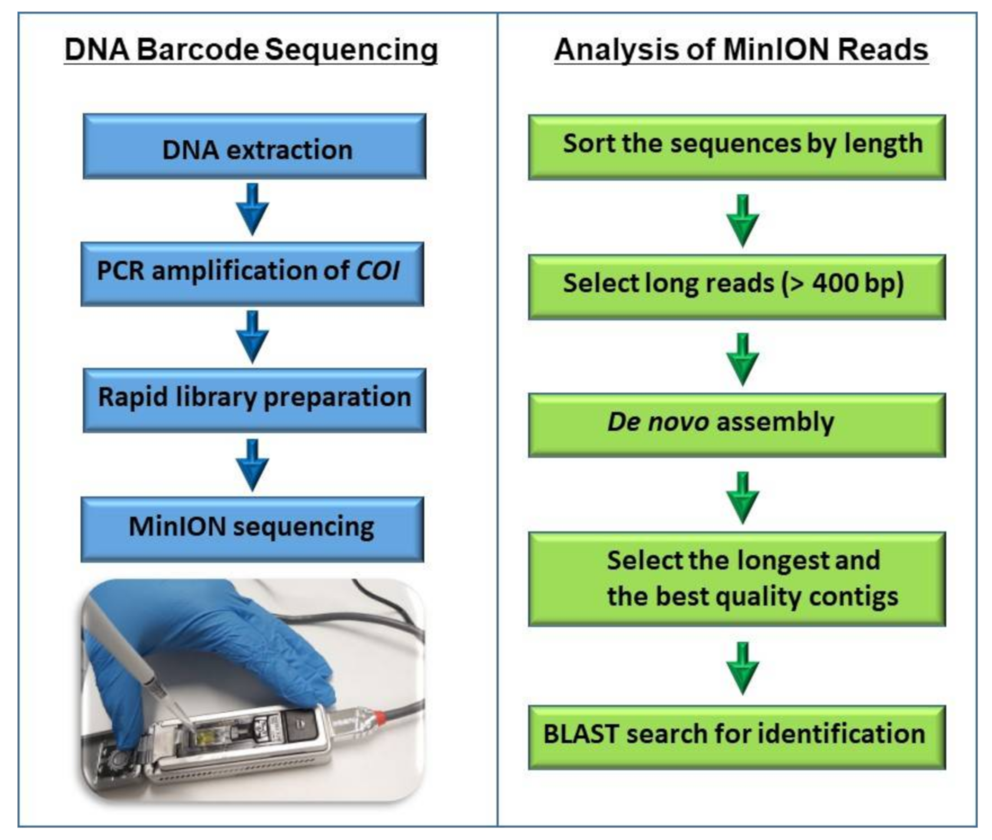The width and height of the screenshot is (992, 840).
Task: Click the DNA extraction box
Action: (x=254, y=147)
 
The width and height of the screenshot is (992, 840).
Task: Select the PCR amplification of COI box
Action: (x=252, y=273)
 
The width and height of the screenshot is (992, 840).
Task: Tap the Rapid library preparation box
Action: (x=254, y=400)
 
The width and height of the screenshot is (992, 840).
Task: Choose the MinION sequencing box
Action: (x=252, y=528)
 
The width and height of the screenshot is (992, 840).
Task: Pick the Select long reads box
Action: (x=737, y=286)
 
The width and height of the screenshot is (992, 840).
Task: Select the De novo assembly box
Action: (x=737, y=425)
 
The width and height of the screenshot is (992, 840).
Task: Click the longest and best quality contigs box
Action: (x=737, y=578)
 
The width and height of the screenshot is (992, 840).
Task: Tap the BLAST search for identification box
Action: (x=737, y=736)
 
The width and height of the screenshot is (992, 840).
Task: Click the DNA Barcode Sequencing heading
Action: (x=251, y=49)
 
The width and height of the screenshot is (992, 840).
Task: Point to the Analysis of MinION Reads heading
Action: (x=741, y=49)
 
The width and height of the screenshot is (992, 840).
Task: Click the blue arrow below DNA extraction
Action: (x=252, y=209)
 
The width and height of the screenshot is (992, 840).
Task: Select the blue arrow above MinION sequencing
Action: (x=252, y=464)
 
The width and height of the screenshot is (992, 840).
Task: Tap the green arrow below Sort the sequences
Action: (x=743, y=220)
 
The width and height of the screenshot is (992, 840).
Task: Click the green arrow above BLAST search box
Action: (x=743, y=668)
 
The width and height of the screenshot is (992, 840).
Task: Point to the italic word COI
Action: (x=378, y=271)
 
